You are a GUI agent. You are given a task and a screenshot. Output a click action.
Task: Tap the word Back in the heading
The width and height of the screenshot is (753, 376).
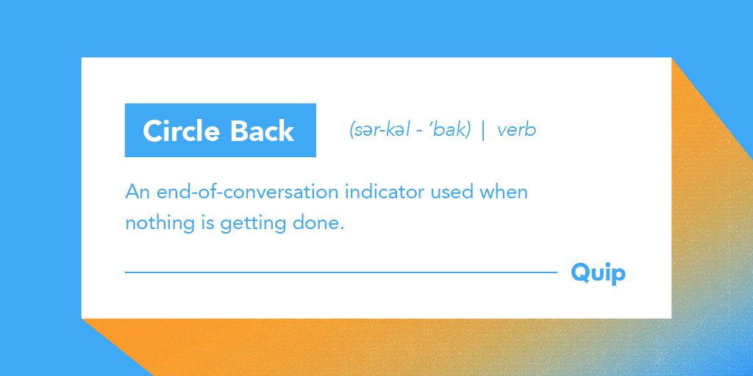click(x=263, y=131)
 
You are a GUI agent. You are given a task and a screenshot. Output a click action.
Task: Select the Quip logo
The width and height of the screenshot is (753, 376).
click(x=598, y=274)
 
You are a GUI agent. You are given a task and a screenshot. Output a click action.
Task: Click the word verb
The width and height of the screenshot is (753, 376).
click(x=516, y=130)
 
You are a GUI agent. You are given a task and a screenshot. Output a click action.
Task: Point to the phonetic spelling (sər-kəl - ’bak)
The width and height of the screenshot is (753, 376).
click(x=410, y=130)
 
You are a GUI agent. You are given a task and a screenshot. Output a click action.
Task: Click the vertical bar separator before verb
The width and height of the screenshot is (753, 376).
click(x=483, y=131)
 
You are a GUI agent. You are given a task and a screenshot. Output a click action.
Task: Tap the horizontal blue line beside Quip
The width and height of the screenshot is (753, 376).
click(x=341, y=272)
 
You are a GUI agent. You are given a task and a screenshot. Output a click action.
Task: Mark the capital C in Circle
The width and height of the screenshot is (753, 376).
click(x=153, y=131)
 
